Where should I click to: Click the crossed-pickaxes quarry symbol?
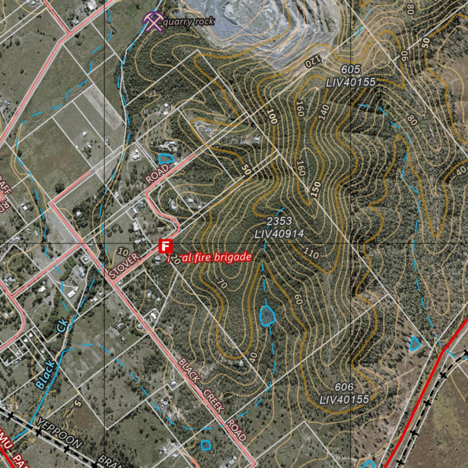pyautogui.click(x=153, y=21)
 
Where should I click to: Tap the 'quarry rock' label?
pyautogui.click(x=188, y=21)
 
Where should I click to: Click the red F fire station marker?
pyautogui.click(x=165, y=246)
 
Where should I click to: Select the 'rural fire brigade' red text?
pyautogui.click(x=210, y=258)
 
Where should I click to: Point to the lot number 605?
pyautogui.click(x=351, y=70)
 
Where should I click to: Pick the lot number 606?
pyautogui.click(x=344, y=388)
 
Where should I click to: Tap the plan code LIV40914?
pyautogui.click(x=279, y=234)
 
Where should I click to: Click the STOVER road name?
pyautogui.click(x=124, y=266)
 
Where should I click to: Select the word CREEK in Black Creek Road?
pyautogui.click(x=214, y=401)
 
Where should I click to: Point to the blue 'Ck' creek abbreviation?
pyautogui.click(x=62, y=327)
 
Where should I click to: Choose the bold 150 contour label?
pyautogui.click(x=315, y=188)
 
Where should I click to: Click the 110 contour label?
pyautogui.click(x=310, y=253)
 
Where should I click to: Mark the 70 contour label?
pyautogui.click(x=222, y=284)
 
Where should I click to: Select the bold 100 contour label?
pyautogui.click(x=273, y=117)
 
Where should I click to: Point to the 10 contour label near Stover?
pyautogui.click(x=122, y=251)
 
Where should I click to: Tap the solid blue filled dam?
pyautogui.click(x=267, y=315)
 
